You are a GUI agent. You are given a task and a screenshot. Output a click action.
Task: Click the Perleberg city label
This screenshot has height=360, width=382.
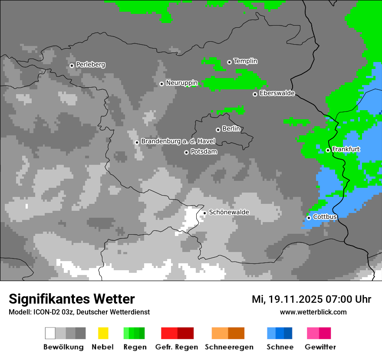[x=90, y=65]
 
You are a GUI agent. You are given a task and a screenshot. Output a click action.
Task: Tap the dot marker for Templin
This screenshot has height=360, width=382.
[x=229, y=62]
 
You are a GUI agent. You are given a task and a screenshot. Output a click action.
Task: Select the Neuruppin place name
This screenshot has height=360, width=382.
[x=181, y=83]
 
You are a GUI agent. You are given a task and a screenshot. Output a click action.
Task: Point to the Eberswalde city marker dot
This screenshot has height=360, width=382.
[x=255, y=94]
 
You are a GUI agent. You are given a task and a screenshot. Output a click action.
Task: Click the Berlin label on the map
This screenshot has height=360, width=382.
[x=231, y=129]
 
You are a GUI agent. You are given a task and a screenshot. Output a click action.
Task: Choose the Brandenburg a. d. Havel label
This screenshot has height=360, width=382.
[x=178, y=141]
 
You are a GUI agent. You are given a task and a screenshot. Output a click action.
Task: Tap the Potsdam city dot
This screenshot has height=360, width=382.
[x=186, y=152]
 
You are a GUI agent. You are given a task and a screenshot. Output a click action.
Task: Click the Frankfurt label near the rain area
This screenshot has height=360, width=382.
[x=346, y=149]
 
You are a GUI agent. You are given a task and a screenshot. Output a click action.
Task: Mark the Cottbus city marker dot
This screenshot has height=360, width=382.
[x=309, y=218]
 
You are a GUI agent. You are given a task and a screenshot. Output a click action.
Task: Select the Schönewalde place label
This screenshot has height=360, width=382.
[x=229, y=212]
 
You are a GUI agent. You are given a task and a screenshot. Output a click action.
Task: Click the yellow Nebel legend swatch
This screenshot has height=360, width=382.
[x=103, y=333]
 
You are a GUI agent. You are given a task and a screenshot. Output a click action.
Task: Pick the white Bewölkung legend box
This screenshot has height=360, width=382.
[x=50, y=333]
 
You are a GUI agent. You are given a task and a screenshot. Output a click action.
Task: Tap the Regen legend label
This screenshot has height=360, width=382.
[x=134, y=347]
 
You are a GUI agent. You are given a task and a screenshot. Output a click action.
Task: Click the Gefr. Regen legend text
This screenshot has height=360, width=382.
[x=177, y=347]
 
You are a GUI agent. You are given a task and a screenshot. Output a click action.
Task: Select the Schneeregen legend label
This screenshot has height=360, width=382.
[x=229, y=347]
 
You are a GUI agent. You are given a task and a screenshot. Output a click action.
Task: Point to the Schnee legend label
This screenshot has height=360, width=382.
[x=280, y=347]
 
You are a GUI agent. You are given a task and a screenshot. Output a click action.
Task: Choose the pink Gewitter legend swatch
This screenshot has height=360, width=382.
[x=313, y=333]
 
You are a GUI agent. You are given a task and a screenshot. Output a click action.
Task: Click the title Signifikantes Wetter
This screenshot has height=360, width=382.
[x=72, y=299]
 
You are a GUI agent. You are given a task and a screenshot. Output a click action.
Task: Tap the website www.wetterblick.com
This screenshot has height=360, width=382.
[x=313, y=312]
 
